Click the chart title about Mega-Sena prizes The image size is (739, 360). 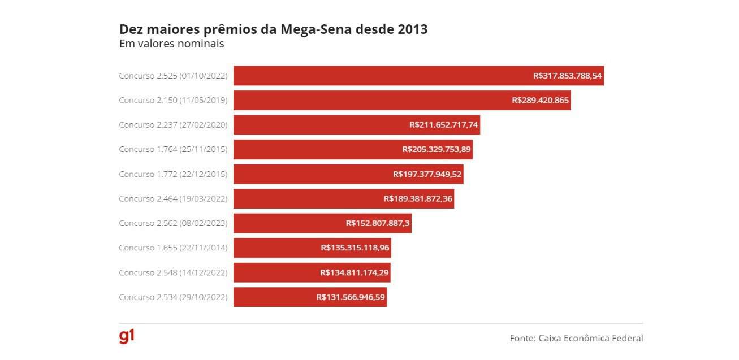pyautogui.click(x=273, y=29)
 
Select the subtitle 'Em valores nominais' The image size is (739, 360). pyautogui.click(x=172, y=44)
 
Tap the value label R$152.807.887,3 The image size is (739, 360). pyautogui.click(x=378, y=223)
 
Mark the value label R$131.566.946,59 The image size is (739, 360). pyautogui.click(x=351, y=297)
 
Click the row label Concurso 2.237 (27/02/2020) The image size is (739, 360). pyautogui.click(x=173, y=125)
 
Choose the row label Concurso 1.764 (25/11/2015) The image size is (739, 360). pyautogui.click(x=173, y=149)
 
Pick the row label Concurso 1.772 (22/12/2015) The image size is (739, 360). pyautogui.click(x=173, y=174)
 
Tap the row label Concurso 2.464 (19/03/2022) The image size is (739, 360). pyautogui.click(x=173, y=199)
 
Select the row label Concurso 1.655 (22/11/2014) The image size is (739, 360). pyautogui.click(x=173, y=248)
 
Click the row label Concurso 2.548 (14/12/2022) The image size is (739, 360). pyautogui.click(x=173, y=272)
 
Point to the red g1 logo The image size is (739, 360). pyautogui.click(x=127, y=336)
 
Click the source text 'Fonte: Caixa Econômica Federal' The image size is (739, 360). pyautogui.click(x=576, y=338)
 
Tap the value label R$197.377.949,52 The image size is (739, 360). pyautogui.click(x=427, y=174)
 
